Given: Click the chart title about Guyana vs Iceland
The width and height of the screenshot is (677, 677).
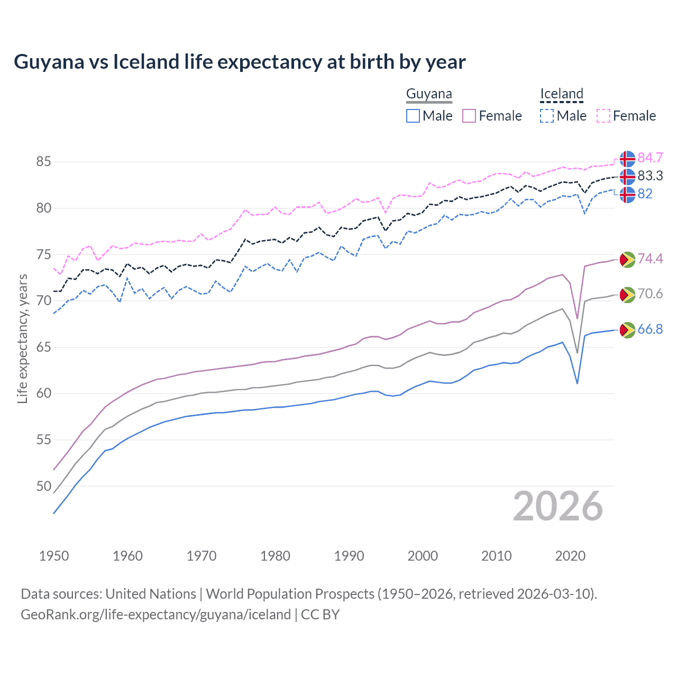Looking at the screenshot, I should pos(240,62).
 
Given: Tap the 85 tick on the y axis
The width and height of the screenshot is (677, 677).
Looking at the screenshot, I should pos(44,161).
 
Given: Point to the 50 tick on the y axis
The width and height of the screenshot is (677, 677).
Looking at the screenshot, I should pos(44,486).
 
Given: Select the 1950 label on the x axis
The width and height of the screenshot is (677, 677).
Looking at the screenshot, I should pos(54,556).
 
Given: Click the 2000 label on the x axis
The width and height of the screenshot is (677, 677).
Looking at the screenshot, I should pos(423,556).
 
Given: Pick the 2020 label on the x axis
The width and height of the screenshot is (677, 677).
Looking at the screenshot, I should pos(570,556).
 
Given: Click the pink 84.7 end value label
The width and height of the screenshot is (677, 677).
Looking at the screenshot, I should pos(650,158).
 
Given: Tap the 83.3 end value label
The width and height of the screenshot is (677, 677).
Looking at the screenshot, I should pos(650,176).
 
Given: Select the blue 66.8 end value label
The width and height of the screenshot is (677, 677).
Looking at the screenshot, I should pos(650,330).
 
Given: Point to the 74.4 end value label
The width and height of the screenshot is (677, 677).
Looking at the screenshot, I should pos(650,259).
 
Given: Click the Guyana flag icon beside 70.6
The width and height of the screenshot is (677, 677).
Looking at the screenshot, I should pos(627,295).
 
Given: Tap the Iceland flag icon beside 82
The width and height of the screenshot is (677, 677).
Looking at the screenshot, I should pos(627,194).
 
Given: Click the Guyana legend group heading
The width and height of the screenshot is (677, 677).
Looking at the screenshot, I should pos(429,94).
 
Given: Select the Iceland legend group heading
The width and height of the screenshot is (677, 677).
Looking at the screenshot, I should pos(561,94).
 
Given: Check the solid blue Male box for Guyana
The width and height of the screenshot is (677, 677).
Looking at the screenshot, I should pos(413,116).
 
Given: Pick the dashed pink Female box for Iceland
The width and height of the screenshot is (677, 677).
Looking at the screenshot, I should pos(603,116).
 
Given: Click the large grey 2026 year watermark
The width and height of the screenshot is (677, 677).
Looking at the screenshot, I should pos(557,506).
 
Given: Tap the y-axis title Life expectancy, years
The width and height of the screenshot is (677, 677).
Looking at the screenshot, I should pos(22,338).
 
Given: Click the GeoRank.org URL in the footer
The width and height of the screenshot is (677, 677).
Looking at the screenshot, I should pos(155,615).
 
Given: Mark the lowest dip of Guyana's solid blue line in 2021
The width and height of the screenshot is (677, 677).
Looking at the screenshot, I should pos(577,383).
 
